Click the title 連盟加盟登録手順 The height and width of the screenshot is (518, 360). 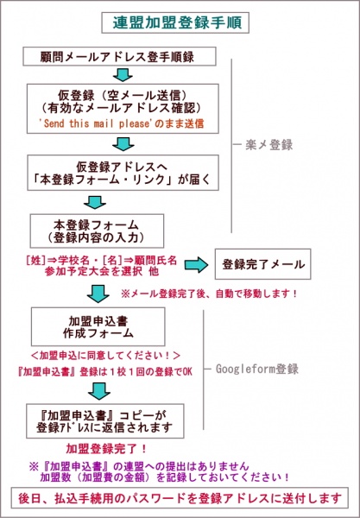click(x=177, y=22)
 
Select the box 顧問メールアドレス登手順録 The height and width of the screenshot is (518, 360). click(x=119, y=56)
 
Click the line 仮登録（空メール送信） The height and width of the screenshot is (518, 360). click(x=123, y=96)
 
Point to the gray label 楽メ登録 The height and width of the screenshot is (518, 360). click(x=268, y=145)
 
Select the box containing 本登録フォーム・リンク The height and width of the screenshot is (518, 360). click(x=123, y=173)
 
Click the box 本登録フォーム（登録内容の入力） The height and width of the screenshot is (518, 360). click(x=97, y=231)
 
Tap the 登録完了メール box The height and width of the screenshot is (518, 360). click(x=263, y=264)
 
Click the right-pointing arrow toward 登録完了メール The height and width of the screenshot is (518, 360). click(x=196, y=266)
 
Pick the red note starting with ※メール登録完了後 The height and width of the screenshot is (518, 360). click(x=209, y=294)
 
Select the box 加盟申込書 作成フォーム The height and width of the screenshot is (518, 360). click(x=98, y=326)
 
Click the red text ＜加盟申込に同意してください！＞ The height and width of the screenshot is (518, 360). click(x=105, y=356)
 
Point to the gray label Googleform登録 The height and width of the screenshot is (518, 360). click(x=257, y=369)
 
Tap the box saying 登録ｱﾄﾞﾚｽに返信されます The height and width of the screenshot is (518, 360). click(x=105, y=421)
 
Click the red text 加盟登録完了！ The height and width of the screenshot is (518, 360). click(x=106, y=449)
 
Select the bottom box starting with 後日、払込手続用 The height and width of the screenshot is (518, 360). click(x=180, y=497)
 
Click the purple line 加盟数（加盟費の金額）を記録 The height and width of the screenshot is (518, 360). click(x=165, y=477)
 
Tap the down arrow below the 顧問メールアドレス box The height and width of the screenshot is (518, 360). click(x=123, y=75)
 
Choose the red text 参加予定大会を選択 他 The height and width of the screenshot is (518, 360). click(x=101, y=271)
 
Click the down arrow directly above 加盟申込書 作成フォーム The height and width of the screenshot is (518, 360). click(x=98, y=294)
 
